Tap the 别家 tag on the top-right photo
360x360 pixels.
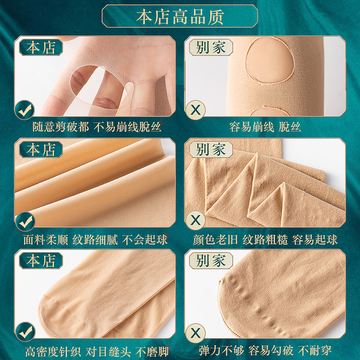coord(211,48)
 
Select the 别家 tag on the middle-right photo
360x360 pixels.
coord(211,150)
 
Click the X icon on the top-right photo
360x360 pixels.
coord(195,109)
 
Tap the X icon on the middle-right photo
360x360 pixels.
coord(195,221)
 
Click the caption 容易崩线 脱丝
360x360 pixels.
coord(265,127)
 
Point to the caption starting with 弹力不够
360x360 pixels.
coord(265,351)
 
